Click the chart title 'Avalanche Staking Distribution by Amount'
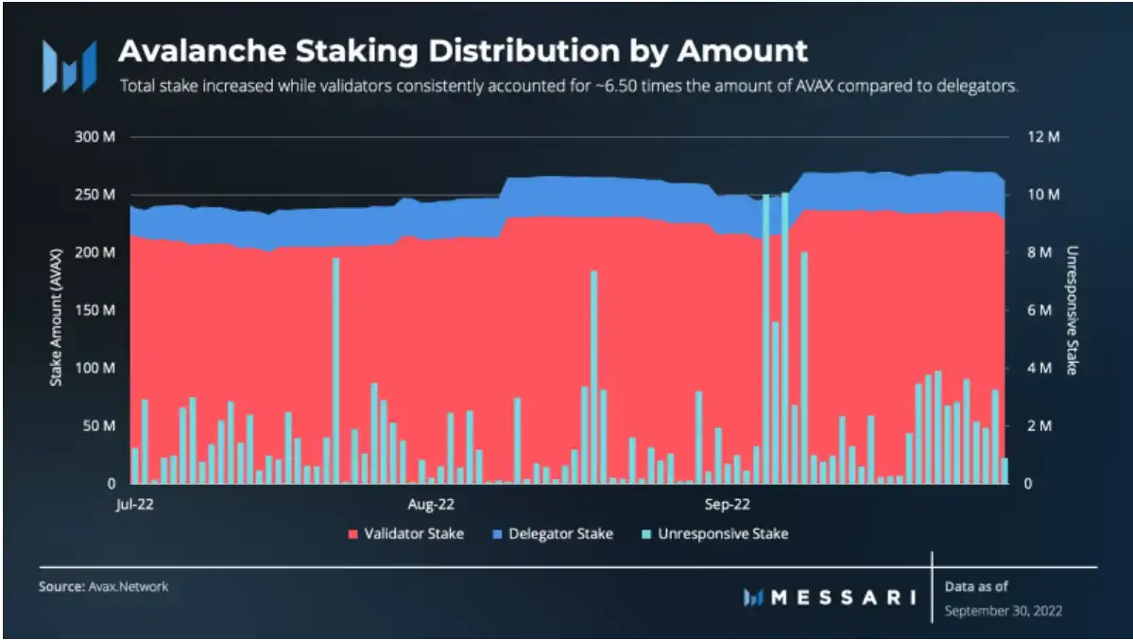click(x=462, y=50)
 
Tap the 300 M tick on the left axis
click(x=94, y=137)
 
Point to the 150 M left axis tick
click(x=94, y=310)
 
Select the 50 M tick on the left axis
click(x=98, y=425)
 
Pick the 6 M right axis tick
click(x=1040, y=310)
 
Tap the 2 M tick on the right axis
click(x=1040, y=425)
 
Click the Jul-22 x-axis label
click(x=135, y=503)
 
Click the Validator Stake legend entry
click(x=406, y=534)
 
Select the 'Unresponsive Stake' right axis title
click(x=1072, y=310)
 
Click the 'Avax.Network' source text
click(x=129, y=587)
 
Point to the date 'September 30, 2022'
click(x=1004, y=611)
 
